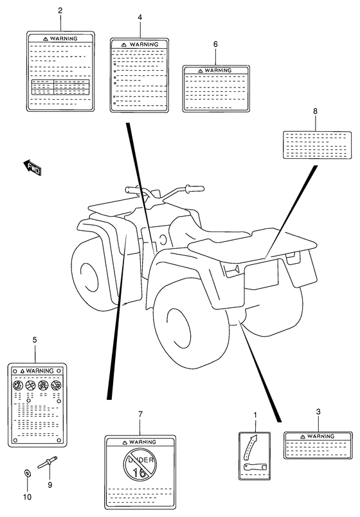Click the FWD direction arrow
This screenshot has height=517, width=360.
tap(32, 167)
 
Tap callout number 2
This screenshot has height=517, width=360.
tap(60, 10)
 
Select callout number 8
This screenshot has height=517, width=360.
tap(315, 111)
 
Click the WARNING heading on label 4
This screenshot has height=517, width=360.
tap(144, 44)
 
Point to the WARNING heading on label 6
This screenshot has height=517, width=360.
tap(218, 71)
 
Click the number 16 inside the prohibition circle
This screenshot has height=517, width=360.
tap(139, 473)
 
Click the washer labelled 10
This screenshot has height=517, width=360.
tap(27, 473)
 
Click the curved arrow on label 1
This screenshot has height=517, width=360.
tap(249, 446)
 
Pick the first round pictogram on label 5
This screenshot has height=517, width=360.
tap(17, 385)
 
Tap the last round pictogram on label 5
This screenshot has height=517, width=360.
tap(56, 385)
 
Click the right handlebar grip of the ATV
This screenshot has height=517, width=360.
tap(195, 188)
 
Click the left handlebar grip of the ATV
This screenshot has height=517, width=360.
tap(131, 190)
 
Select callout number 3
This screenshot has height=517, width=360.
tap(318, 412)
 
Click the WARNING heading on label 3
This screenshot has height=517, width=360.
tap(321, 437)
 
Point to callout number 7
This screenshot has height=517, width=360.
tap(140, 414)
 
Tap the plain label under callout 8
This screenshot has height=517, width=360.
tap(315, 145)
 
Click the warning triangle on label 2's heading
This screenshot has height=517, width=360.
tap(46, 39)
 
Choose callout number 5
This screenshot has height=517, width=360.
tap(35, 340)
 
